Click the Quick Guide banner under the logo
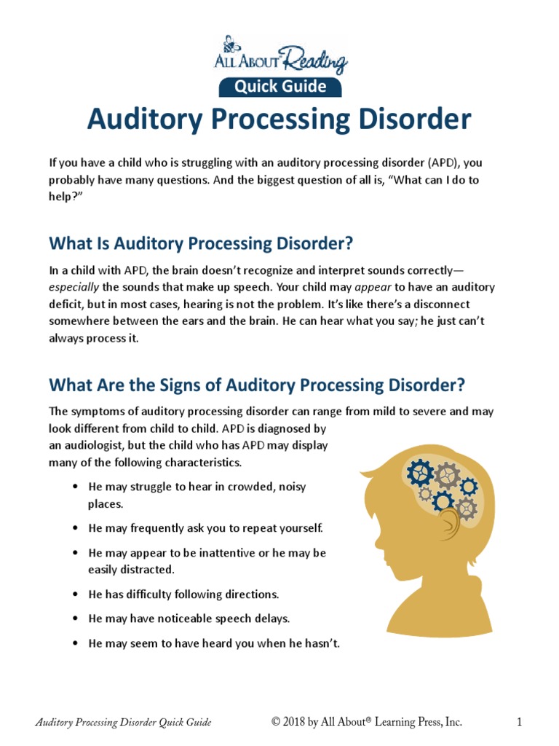[279, 87]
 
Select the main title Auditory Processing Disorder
[279, 119]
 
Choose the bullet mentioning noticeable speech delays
[189, 619]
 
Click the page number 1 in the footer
[520, 722]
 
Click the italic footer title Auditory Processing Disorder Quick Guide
[124, 722]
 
